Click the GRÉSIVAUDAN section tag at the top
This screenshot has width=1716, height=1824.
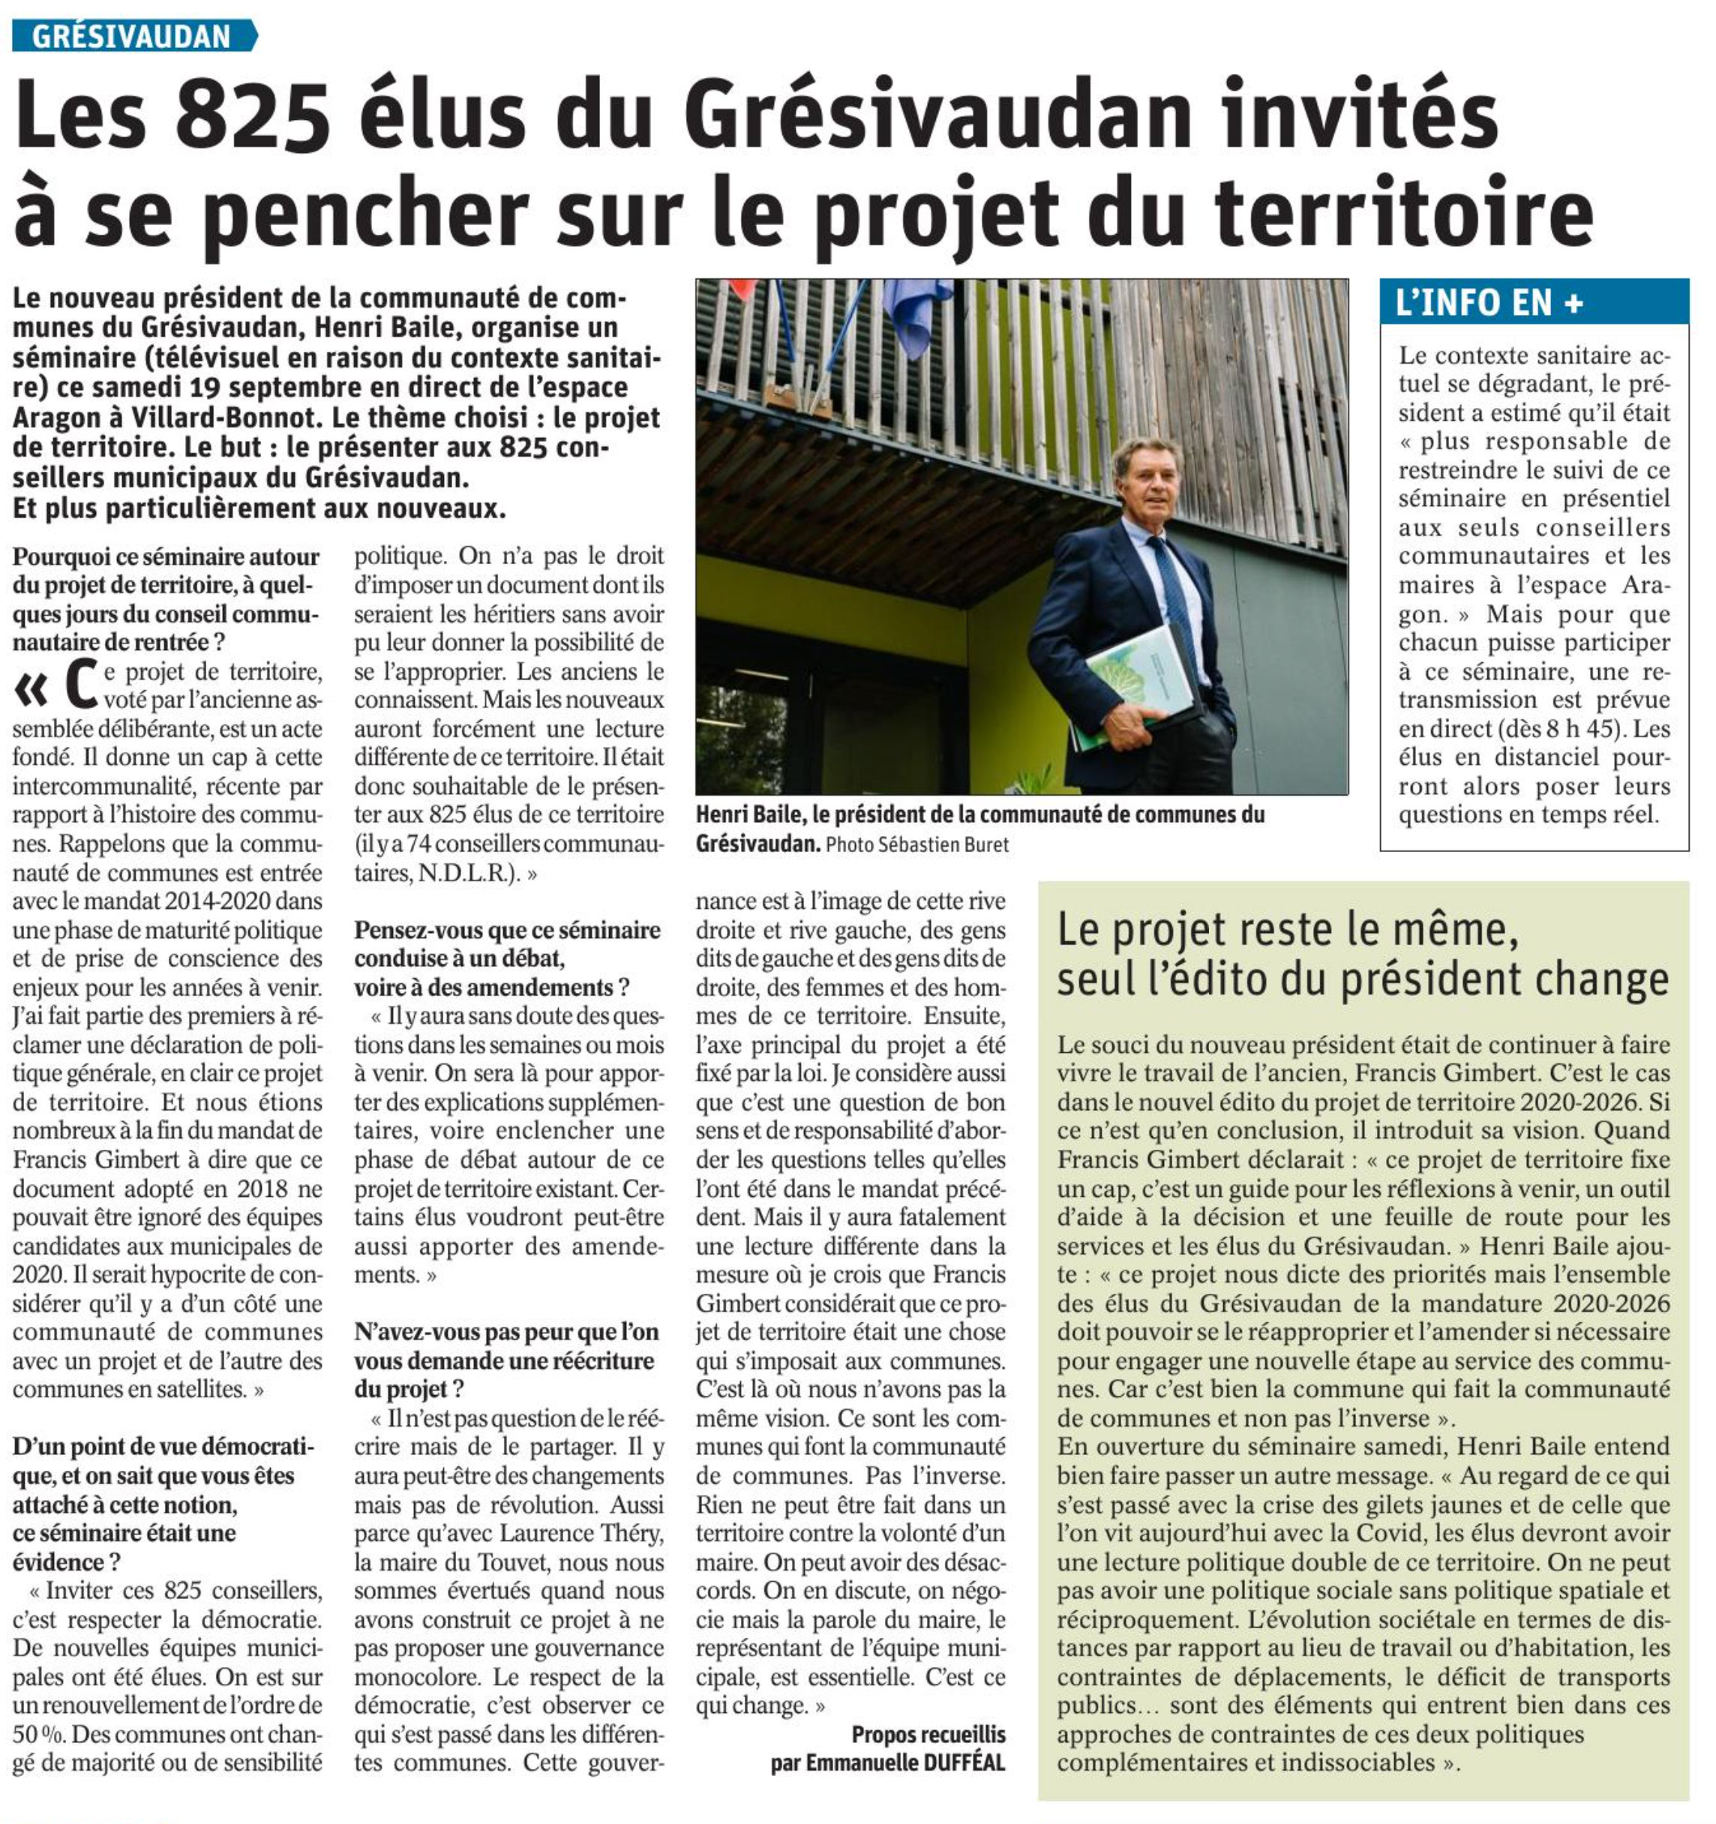[132, 36]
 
